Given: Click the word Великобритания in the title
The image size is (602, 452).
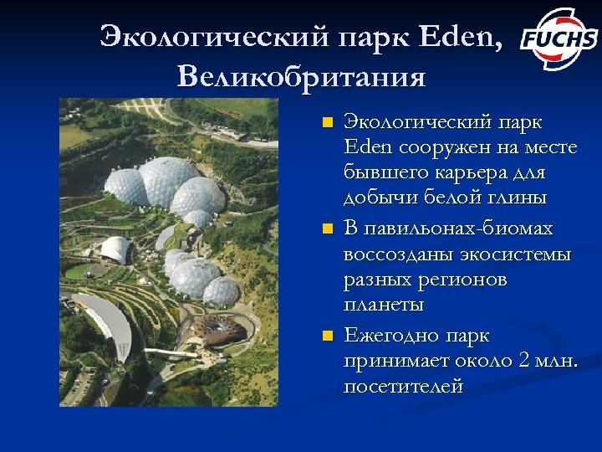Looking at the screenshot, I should click(x=301, y=78).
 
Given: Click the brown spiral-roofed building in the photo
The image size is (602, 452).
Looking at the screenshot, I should click(x=220, y=329).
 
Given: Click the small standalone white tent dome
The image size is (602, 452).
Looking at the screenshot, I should click(x=116, y=249).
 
